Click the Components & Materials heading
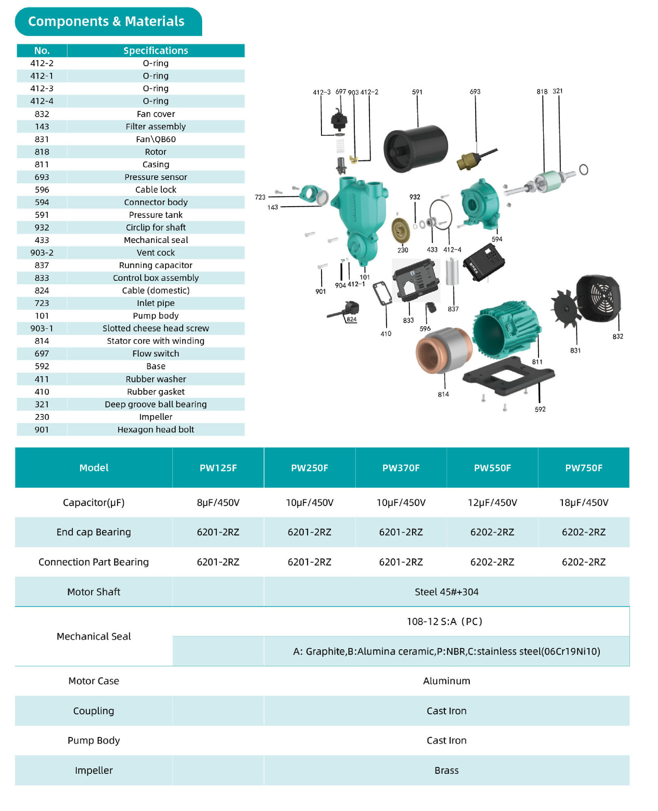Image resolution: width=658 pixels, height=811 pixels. pyautogui.click(x=106, y=21)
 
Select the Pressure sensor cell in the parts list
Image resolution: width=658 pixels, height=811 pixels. pyautogui.click(x=155, y=177)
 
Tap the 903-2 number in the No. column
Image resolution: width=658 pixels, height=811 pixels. pyautogui.click(x=42, y=253)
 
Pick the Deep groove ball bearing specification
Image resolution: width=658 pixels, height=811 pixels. pyautogui.click(x=155, y=404)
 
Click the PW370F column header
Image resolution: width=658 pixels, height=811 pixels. pyautogui.click(x=401, y=468)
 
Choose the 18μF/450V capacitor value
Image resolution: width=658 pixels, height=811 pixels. pyautogui.click(x=583, y=503)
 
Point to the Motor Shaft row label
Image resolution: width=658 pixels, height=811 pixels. pyautogui.click(x=94, y=592)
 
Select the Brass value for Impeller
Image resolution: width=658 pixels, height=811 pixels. pyautogui.click(x=446, y=770)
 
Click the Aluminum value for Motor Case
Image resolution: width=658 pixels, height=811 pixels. pyautogui.click(x=446, y=681)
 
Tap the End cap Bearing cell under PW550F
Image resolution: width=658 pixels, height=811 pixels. pyautogui.click(x=492, y=532)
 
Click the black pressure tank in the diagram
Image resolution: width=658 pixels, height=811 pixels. pyautogui.click(x=415, y=148)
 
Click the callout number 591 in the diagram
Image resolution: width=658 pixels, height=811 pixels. pyautogui.click(x=417, y=92)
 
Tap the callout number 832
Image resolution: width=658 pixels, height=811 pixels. pyautogui.click(x=618, y=337)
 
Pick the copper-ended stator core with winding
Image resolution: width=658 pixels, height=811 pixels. pyautogui.click(x=443, y=350)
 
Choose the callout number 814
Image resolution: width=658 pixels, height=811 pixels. pyautogui.click(x=443, y=394)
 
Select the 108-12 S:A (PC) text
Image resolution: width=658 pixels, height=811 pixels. pyautogui.click(x=444, y=621)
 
